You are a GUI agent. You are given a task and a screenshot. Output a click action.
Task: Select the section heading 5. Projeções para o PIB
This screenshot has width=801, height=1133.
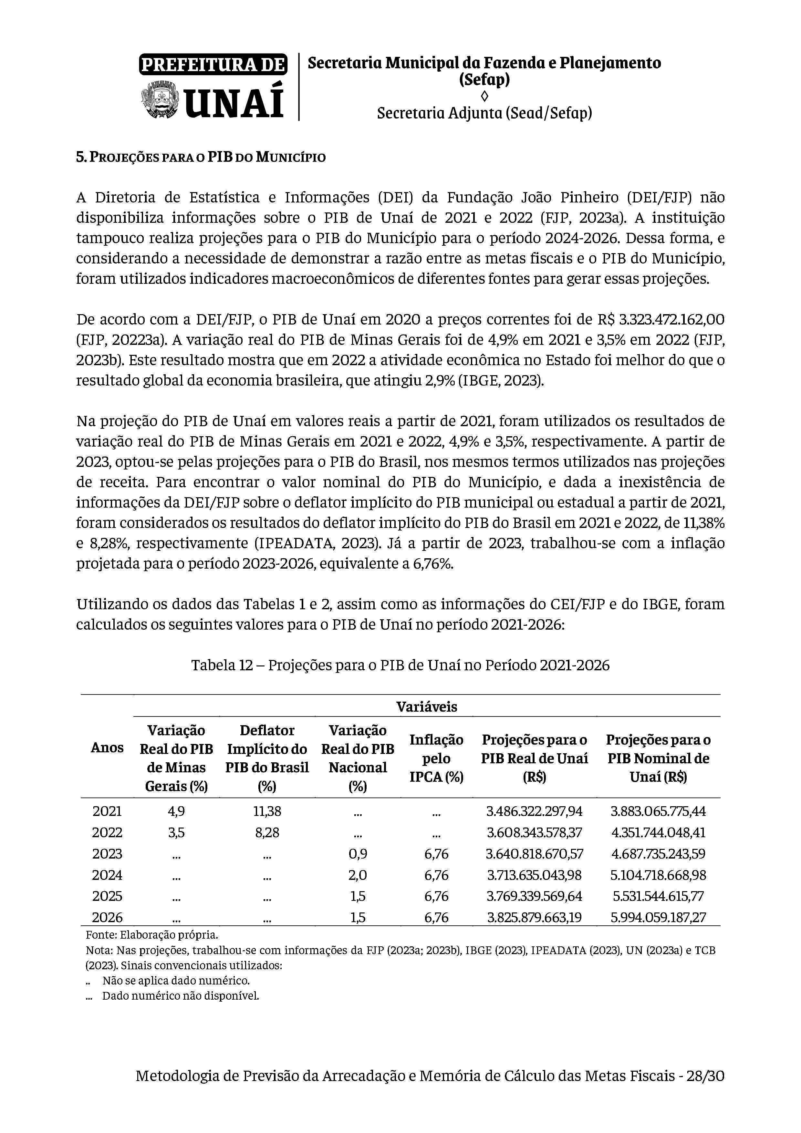[x=201, y=158]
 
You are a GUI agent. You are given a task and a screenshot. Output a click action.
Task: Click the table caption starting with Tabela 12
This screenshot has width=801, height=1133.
[x=400, y=665]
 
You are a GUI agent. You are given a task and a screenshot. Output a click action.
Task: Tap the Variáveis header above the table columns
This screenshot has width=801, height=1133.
[x=426, y=707]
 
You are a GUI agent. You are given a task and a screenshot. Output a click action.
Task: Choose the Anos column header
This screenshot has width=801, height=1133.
[x=107, y=747]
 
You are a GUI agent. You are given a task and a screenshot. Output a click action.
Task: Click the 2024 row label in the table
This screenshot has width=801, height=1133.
[x=107, y=875]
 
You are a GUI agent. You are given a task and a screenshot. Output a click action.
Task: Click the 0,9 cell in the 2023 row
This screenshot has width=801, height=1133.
[x=358, y=854]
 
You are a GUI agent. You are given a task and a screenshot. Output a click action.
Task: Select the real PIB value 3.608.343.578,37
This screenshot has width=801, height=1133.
[x=535, y=832]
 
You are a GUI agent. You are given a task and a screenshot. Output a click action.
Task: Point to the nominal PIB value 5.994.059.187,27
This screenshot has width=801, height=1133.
[x=658, y=917]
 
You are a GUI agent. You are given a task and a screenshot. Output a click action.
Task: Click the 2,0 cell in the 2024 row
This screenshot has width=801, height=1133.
[x=358, y=875]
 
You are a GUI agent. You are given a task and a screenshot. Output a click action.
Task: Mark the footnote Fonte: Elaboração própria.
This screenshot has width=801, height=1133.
[x=151, y=935]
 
